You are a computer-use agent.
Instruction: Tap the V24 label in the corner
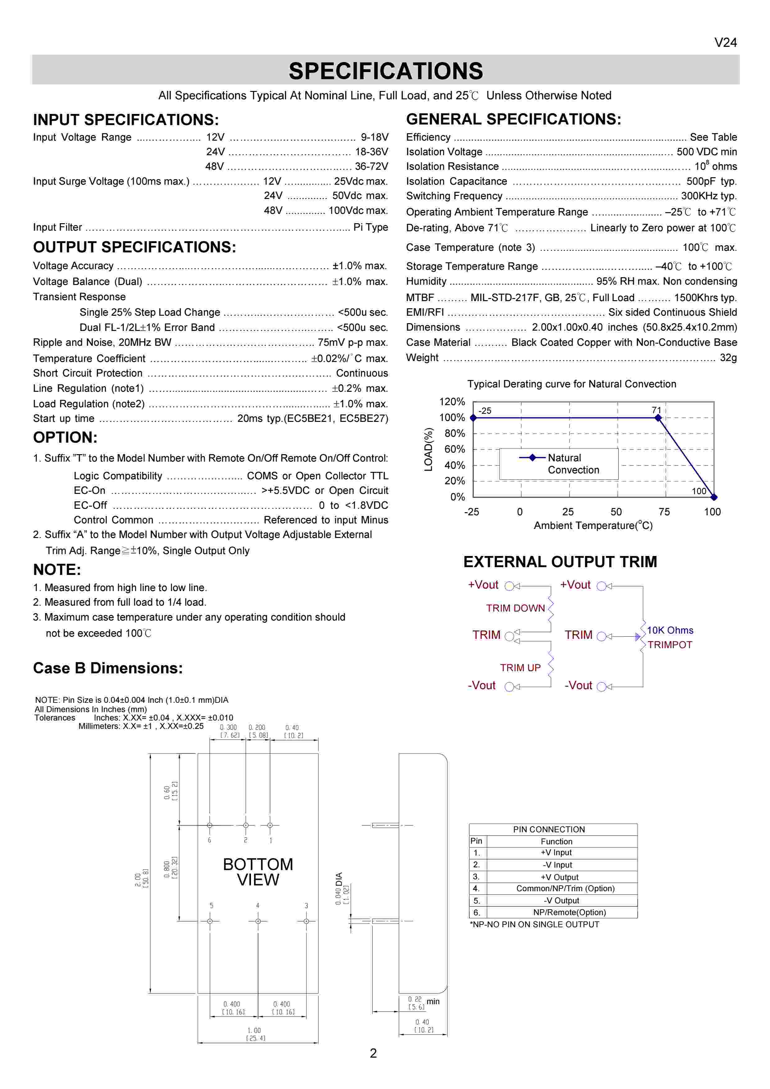click(725, 43)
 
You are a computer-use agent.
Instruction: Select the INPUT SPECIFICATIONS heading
click(126, 120)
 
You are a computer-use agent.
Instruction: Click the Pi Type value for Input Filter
click(371, 227)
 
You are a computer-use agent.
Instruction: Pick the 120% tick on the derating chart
click(452, 402)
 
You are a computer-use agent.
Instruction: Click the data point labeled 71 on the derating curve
click(658, 418)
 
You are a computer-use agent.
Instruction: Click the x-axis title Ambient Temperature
click(593, 526)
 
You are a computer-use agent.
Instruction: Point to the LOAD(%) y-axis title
click(428, 449)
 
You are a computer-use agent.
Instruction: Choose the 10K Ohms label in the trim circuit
click(670, 630)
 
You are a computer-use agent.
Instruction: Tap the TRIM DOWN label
click(515, 608)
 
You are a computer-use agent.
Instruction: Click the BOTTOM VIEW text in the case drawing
click(258, 872)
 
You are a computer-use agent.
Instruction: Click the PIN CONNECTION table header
click(549, 829)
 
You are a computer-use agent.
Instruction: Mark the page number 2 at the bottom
click(373, 1053)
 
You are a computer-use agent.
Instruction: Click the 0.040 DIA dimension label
click(339, 888)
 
